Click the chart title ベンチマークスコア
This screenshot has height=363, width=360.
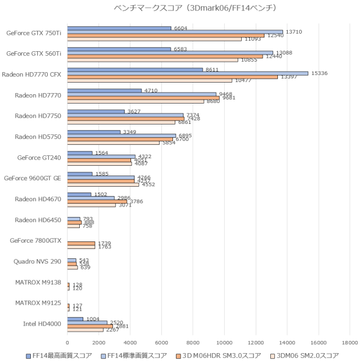(x=179, y=9)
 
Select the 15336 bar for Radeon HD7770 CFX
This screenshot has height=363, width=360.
(x=188, y=73)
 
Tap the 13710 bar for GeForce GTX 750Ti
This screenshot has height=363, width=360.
(x=175, y=32)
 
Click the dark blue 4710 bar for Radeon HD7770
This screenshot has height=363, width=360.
(x=104, y=91)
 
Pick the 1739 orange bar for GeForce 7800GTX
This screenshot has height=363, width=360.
(x=81, y=243)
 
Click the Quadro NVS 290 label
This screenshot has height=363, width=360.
(x=37, y=262)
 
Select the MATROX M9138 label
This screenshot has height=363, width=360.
(x=36, y=283)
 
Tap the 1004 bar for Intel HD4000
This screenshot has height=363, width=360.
(x=75, y=319)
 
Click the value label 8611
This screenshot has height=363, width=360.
(x=211, y=70)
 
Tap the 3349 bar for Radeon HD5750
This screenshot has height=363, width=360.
(x=94, y=132)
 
